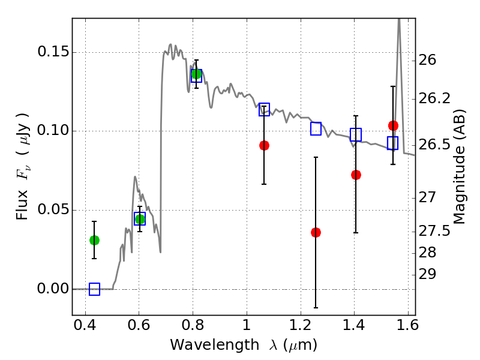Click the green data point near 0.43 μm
94,241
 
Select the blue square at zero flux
94,289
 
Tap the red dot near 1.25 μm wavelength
316,232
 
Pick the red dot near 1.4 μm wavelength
356,175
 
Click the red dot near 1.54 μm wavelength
393,125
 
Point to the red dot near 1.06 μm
264,145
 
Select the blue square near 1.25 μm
316,128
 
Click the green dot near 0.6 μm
140,219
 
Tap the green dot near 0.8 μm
196,74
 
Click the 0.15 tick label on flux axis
53,52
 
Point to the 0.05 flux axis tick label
53,209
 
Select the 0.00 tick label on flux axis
53,289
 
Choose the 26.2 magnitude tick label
434,98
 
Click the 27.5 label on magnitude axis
434,231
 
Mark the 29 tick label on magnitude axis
427,274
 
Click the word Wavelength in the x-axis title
215,345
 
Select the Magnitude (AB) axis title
459,167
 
